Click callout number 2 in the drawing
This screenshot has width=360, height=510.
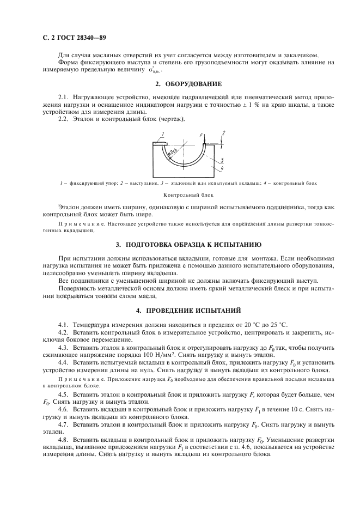tap(223, 132)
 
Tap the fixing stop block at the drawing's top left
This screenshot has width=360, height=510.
tap(162, 144)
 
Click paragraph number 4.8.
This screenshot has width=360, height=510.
tap(63, 439)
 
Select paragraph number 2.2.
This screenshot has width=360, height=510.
tap(63, 119)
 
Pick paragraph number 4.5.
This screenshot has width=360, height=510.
tap(63, 393)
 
